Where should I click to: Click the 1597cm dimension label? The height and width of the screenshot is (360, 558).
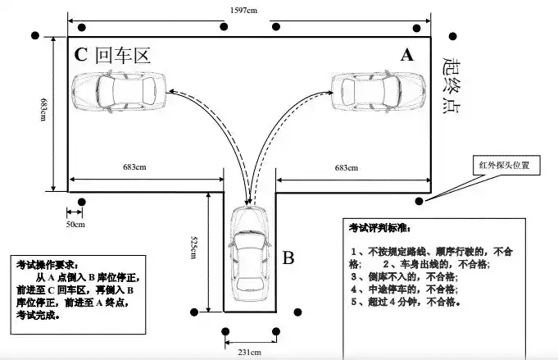pyautogui.click(x=247, y=9)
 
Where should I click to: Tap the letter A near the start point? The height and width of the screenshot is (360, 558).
pyautogui.click(x=407, y=55)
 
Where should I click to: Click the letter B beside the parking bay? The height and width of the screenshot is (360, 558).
pyautogui.click(x=288, y=258)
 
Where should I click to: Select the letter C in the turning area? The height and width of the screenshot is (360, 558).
pyautogui.click(x=80, y=56)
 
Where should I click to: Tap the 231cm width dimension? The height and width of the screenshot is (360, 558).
pyautogui.click(x=249, y=352)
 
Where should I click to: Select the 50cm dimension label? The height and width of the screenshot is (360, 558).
pyautogui.click(x=75, y=223)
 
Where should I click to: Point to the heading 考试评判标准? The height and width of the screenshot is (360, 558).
pyautogui.click(x=383, y=227)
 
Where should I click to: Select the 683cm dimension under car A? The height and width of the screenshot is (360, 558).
pyautogui.click(x=345, y=168)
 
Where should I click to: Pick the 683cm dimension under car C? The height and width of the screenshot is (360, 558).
pyautogui.click(x=134, y=168)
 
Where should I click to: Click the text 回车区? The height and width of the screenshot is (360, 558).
pyautogui.click(x=123, y=56)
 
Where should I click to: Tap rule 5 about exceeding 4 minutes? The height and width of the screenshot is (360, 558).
pyautogui.click(x=405, y=301)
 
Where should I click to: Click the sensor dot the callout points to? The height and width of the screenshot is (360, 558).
pyautogui.click(x=420, y=201)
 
